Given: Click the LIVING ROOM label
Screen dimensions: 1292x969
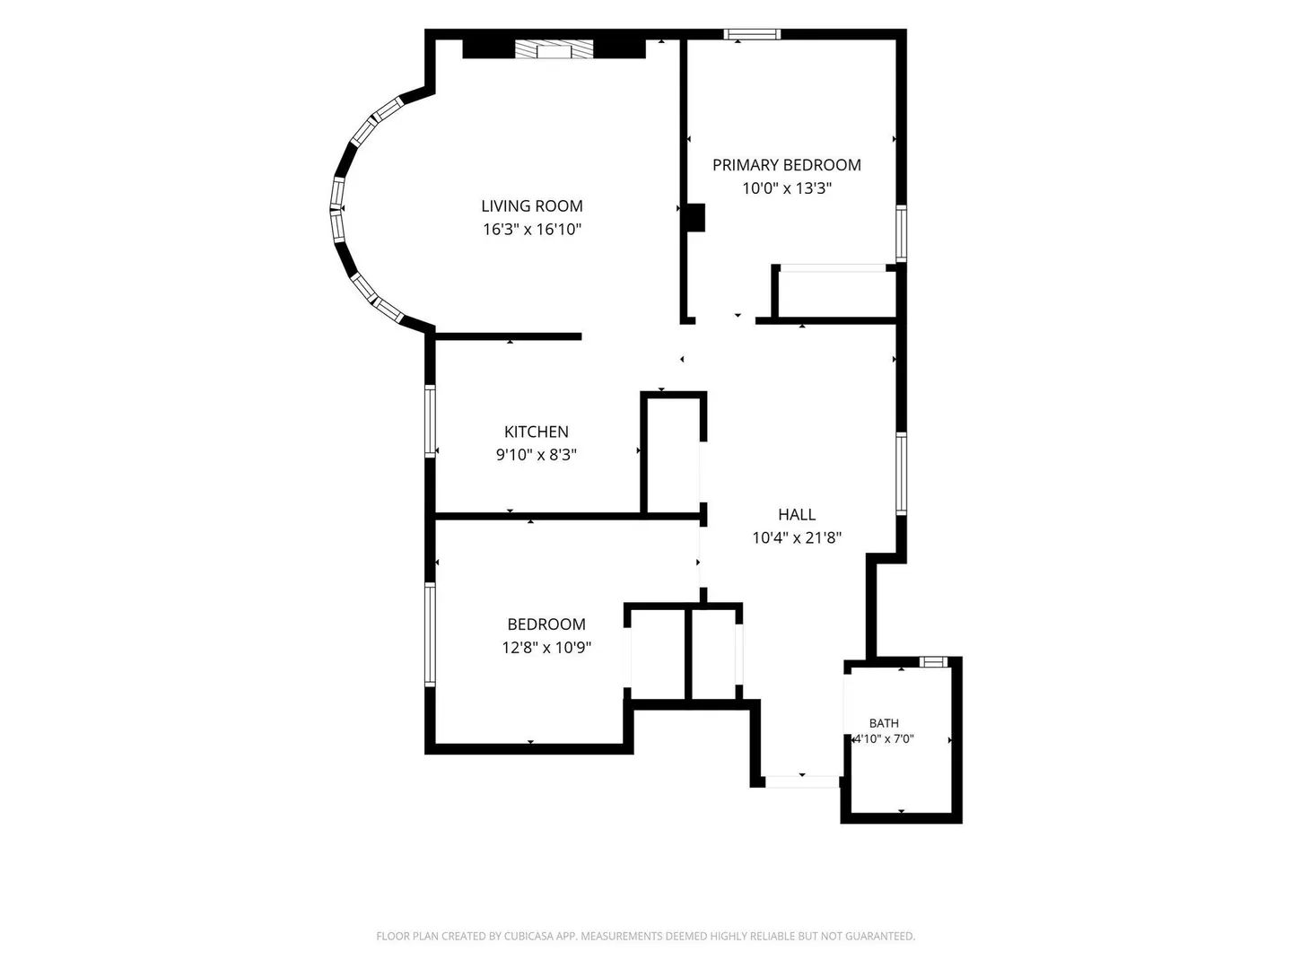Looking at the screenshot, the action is click(531, 206).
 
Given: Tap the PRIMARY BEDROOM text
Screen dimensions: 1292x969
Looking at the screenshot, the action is click(786, 165).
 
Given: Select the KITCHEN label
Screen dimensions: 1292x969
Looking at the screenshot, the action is click(537, 432).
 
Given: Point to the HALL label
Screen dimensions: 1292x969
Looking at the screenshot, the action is click(797, 514).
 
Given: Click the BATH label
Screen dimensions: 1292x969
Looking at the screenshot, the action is click(884, 723).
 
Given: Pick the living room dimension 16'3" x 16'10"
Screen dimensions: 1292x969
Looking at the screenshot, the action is click(532, 229).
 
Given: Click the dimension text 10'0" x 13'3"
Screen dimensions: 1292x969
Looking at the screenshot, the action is click(786, 188).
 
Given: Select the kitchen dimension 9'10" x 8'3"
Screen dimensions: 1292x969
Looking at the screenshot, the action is click(537, 454).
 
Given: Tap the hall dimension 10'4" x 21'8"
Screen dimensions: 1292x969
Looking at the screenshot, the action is click(797, 537).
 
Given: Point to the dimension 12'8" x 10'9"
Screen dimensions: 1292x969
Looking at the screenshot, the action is click(546, 647).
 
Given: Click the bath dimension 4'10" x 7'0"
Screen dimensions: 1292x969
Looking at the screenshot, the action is click(884, 739).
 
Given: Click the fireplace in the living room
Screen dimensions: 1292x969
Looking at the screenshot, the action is click(554, 48).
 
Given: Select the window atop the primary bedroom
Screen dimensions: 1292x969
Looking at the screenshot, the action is click(752, 34).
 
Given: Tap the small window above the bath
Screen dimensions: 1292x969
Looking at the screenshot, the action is click(933, 662).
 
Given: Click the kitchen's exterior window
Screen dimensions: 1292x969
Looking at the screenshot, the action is click(430, 421).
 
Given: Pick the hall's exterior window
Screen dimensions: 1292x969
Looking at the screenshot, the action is click(901, 474).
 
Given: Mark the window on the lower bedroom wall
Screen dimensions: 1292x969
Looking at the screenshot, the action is click(430, 634).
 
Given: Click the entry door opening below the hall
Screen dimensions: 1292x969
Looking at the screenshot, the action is click(802, 781).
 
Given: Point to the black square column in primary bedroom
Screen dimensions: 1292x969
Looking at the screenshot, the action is click(695, 217).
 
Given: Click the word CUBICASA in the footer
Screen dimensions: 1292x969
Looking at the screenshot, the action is click(529, 936).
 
